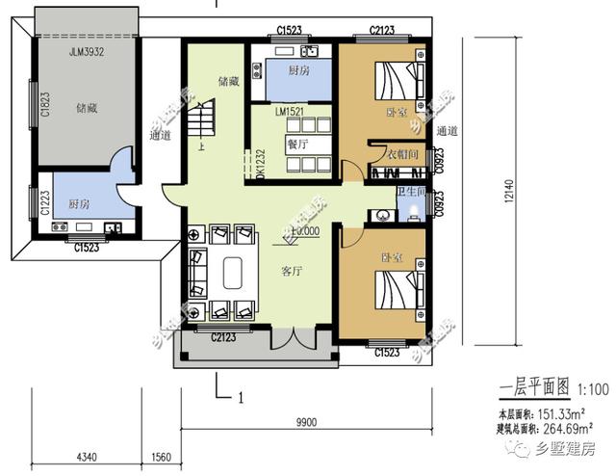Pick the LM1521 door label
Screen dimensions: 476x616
click(291, 114)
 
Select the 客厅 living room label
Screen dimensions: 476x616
click(292, 272)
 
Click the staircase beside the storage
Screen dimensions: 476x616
click(202, 123)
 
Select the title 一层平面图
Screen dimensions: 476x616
click(535, 389)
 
